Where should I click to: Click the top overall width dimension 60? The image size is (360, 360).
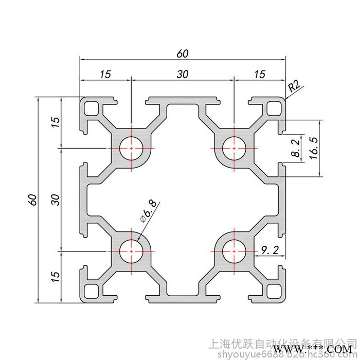(183, 53)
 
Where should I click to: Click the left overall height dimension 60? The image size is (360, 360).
(32, 200)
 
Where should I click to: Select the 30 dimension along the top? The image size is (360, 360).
(182, 74)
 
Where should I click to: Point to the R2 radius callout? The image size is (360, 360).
(295, 86)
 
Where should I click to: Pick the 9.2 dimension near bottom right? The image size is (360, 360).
(270, 250)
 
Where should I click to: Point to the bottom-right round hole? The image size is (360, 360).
(234, 251)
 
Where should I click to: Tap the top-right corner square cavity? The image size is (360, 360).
(273, 108)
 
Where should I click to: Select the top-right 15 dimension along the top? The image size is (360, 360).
(259, 74)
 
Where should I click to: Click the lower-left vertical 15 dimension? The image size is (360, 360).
(56, 276)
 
